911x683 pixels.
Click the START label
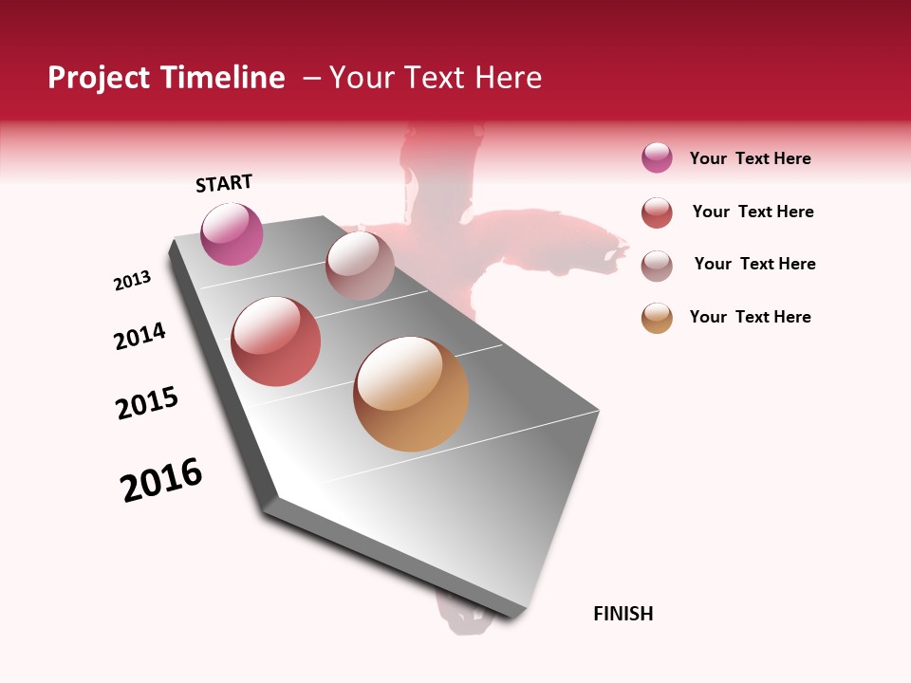point(224,183)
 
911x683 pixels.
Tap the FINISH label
point(623,614)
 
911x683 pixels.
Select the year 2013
point(132,281)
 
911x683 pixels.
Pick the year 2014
point(139,336)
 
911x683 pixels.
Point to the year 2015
point(147,403)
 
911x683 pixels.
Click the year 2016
point(161,480)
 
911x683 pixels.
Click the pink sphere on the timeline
point(232,233)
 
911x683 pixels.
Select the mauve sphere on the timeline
point(360,267)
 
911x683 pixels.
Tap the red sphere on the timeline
point(276,341)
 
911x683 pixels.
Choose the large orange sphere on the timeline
point(411,394)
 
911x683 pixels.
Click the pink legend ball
point(657,158)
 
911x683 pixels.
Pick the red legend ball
point(657,212)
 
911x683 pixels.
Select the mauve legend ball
point(657,265)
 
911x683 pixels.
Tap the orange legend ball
point(657,318)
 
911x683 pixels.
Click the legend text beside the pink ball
point(750,158)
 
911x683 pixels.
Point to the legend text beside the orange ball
point(750,317)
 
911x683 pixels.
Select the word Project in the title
point(97,78)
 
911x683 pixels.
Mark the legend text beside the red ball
point(753,212)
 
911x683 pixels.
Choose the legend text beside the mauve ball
point(754,264)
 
